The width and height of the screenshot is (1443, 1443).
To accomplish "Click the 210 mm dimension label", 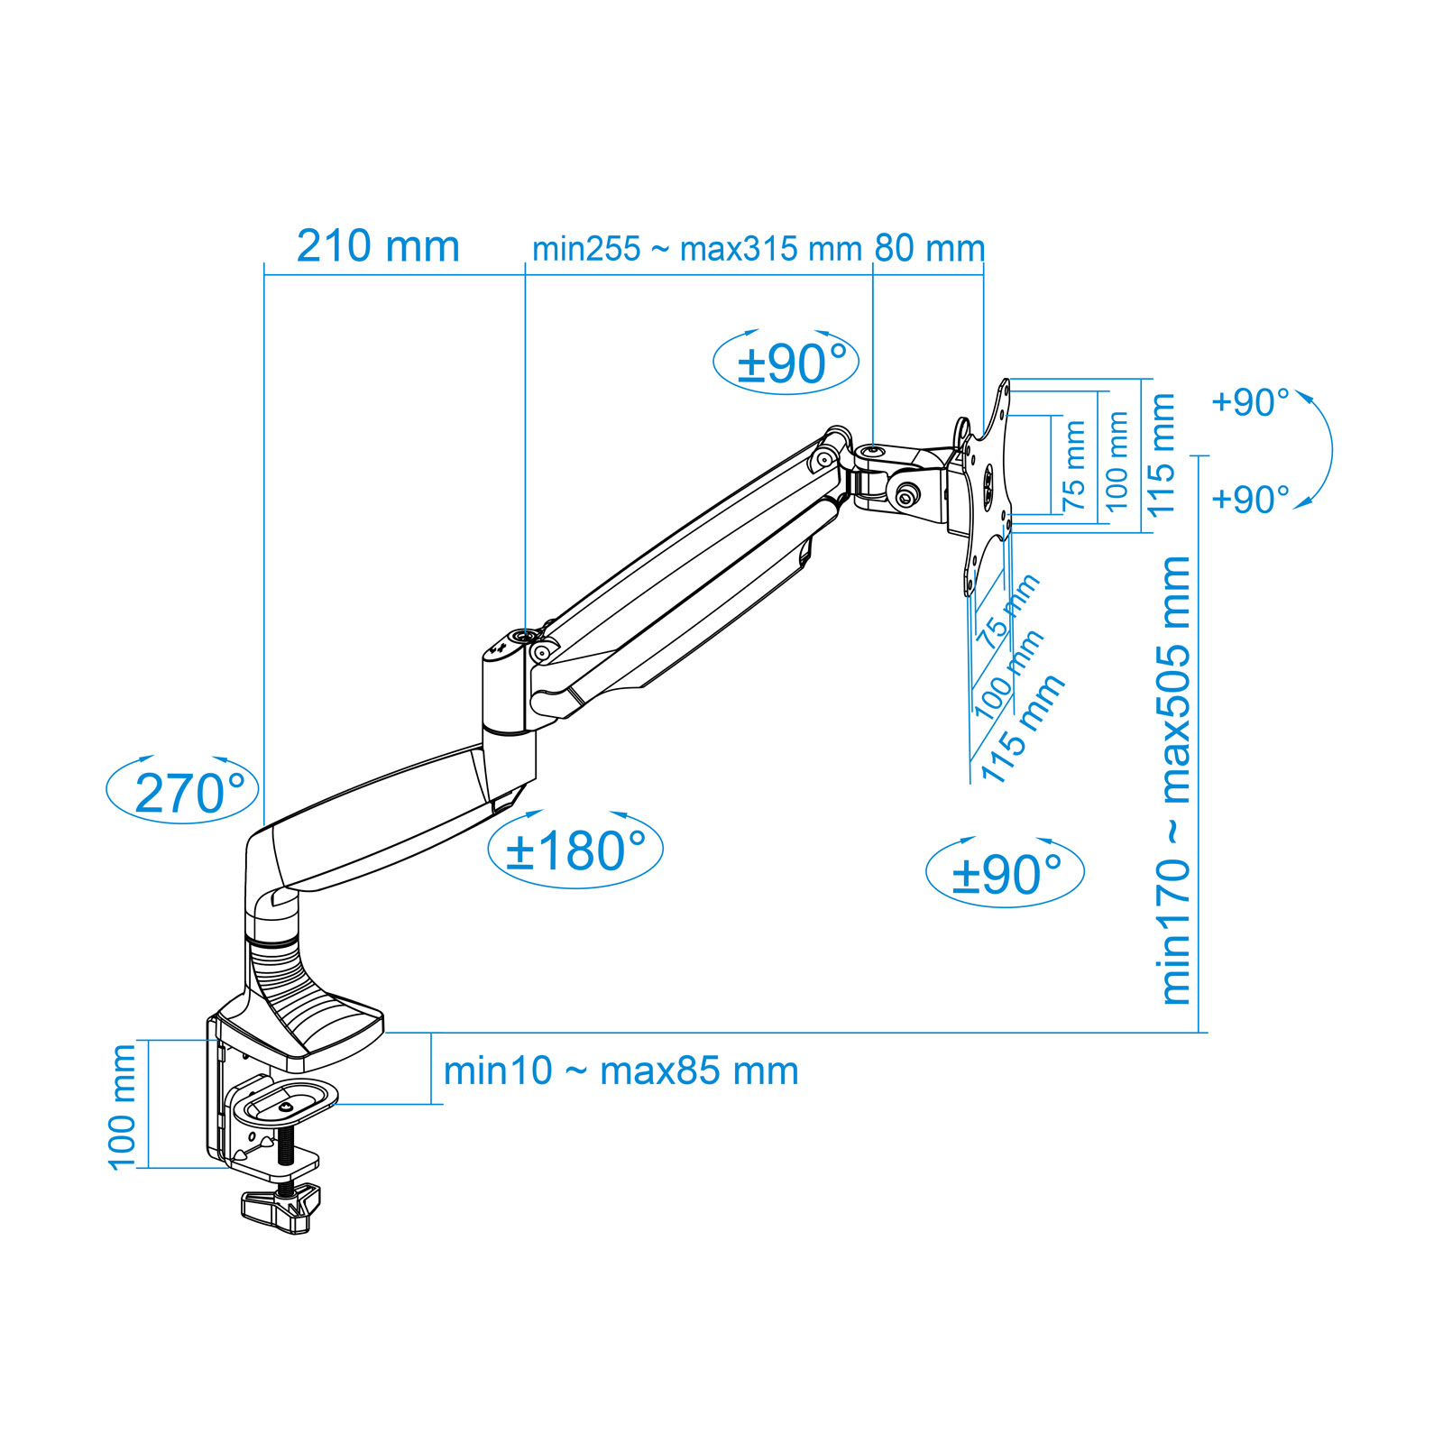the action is (378, 246).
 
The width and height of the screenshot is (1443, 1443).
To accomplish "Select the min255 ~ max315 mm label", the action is (697, 249).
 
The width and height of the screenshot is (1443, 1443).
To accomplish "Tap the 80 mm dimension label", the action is (930, 249).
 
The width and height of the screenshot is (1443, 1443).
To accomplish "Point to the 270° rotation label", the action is (190, 794).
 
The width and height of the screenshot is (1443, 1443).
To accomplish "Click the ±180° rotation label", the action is (576, 850).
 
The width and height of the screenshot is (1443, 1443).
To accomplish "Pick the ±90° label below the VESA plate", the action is (1006, 874).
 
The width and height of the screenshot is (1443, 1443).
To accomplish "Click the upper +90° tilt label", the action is (1250, 402).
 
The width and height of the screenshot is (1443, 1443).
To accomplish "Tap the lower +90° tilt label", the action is (1250, 499).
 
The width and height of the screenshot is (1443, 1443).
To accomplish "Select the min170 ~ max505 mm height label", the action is (1175, 780).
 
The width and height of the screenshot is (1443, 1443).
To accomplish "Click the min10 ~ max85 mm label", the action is (621, 1071).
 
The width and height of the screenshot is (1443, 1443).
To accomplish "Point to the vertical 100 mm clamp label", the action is (122, 1107).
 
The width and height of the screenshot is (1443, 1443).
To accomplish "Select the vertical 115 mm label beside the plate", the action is (1161, 455).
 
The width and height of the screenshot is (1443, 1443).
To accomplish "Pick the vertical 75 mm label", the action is (1074, 465).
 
